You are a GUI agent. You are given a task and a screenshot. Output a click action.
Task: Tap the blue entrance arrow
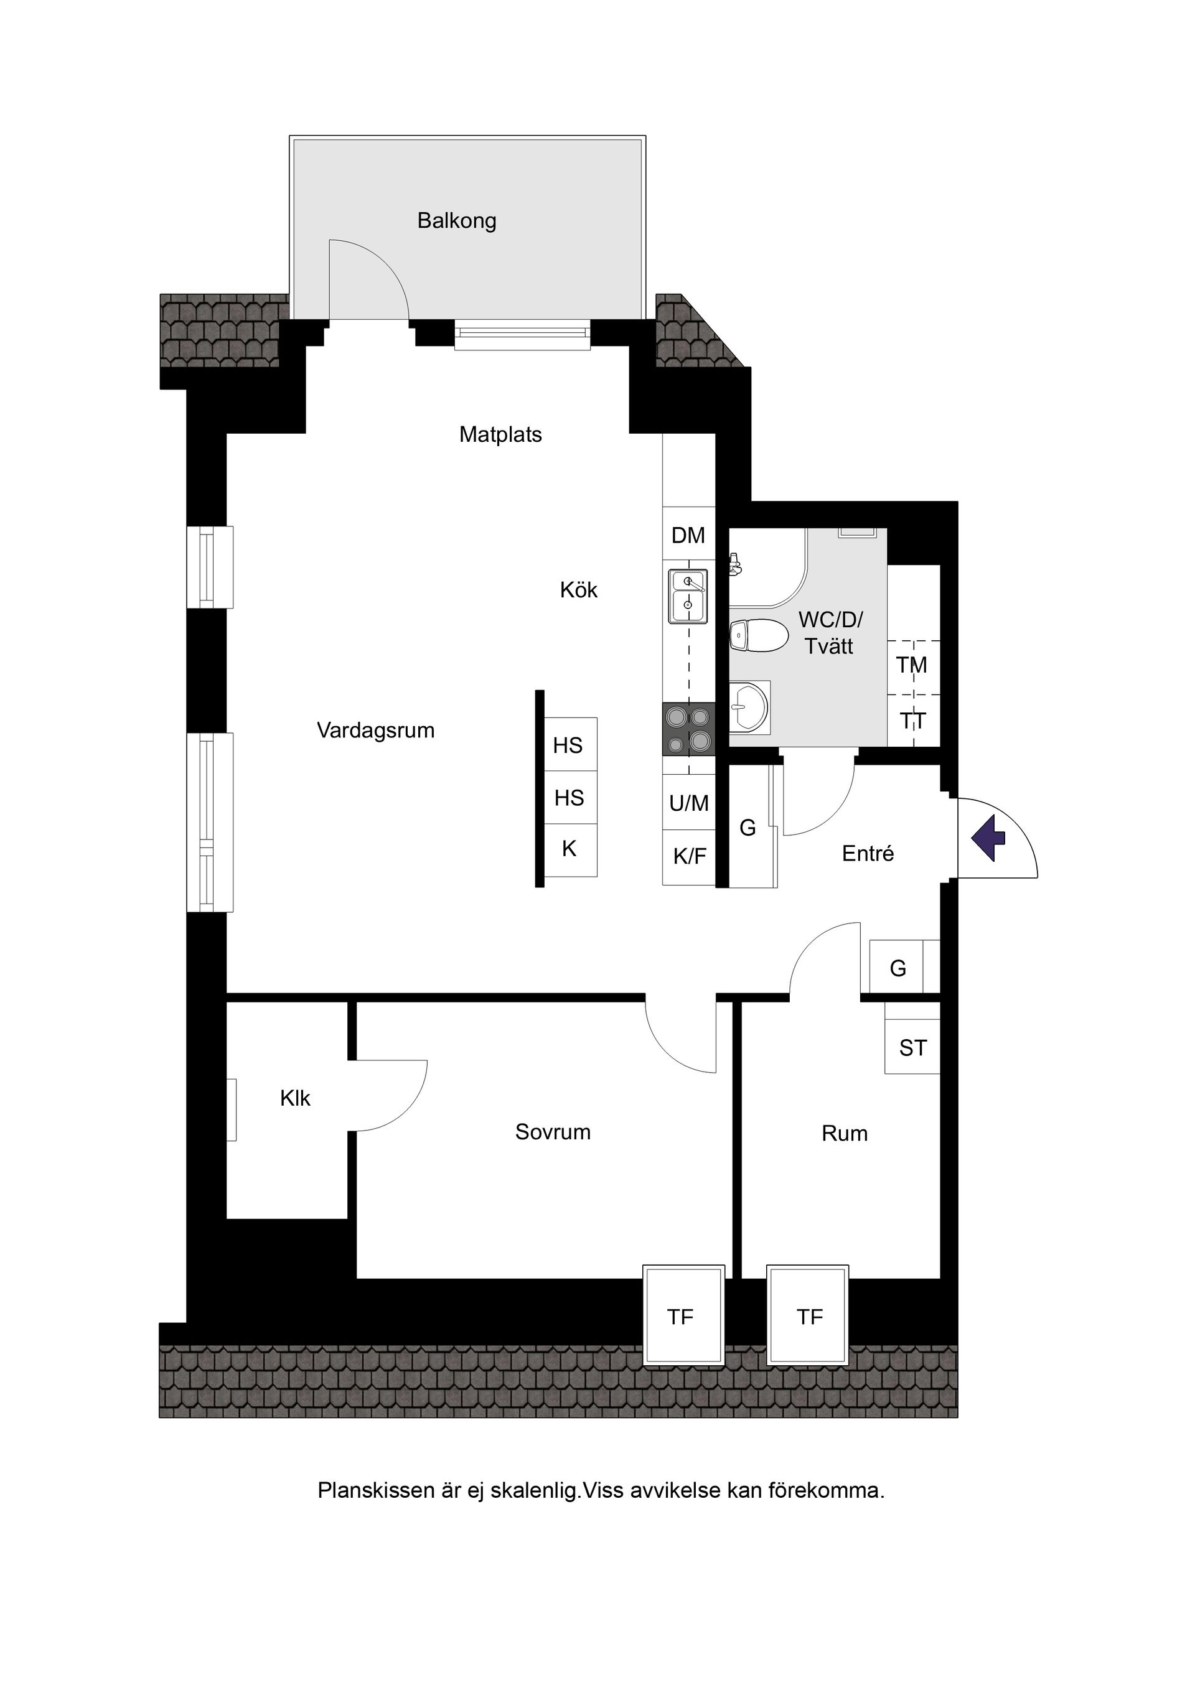click(988, 838)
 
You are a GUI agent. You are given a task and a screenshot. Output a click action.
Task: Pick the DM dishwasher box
click(688, 536)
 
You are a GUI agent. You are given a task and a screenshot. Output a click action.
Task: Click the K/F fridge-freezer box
click(689, 856)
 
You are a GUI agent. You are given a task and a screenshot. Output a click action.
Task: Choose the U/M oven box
click(689, 803)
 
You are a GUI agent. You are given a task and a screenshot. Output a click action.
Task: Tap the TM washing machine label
click(912, 665)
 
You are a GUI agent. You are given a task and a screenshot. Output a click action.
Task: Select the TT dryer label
click(913, 721)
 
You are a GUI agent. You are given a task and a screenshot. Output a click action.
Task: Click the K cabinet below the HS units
click(569, 849)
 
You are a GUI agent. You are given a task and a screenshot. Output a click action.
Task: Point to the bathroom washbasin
click(749, 707)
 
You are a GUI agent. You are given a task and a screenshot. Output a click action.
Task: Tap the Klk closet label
click(295, 1099)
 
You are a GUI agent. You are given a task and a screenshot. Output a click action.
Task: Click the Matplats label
click(500, 435)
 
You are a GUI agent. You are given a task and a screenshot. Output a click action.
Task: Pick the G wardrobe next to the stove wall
click(748, 828)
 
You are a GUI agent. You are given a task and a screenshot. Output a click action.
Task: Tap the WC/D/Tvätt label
click(830, 633)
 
